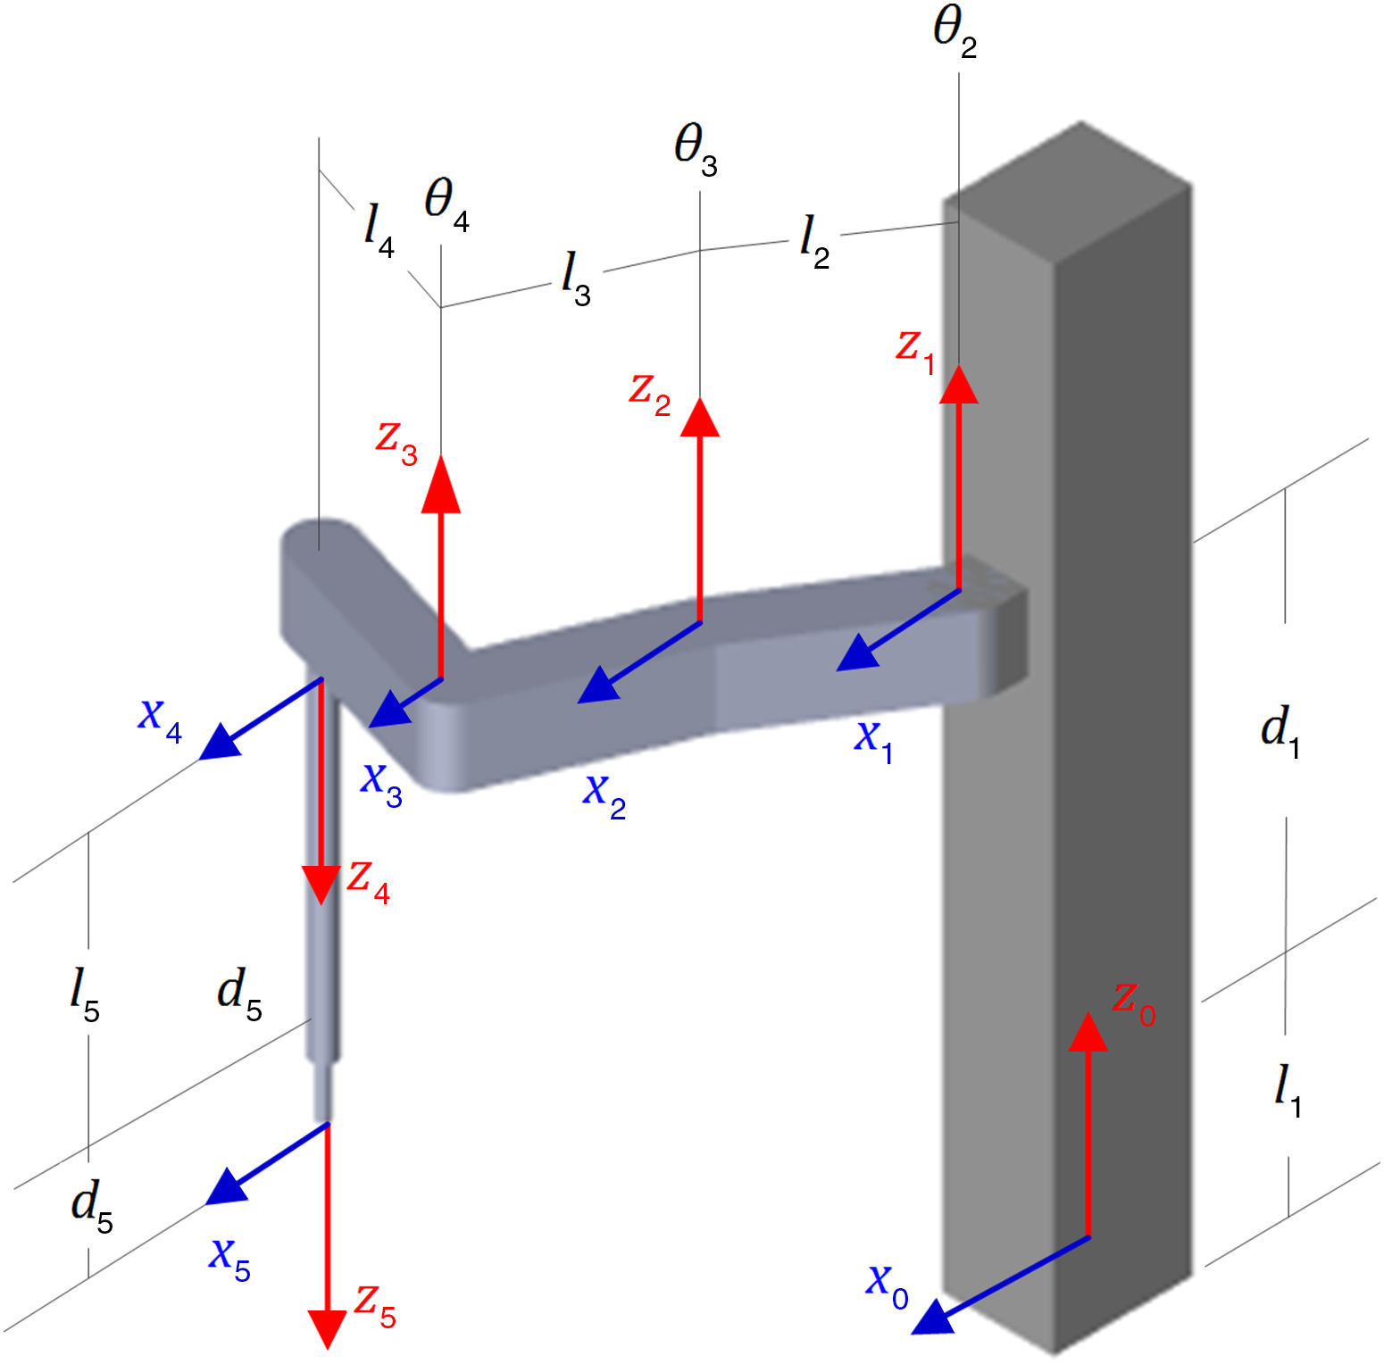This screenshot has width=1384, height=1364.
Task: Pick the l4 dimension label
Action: (x=379, y=229)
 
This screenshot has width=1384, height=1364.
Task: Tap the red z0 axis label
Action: (x=1133, y=1003)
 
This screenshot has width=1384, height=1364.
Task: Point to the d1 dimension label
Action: (x=1280, y=732)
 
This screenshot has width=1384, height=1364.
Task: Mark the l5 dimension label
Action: (x=85, y=995)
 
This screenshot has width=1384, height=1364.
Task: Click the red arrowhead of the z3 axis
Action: (x=440, y=487)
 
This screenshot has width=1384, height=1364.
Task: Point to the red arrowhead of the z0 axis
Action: (x=1088, y=1033)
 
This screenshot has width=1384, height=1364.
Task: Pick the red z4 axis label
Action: (x=368, y=881)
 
